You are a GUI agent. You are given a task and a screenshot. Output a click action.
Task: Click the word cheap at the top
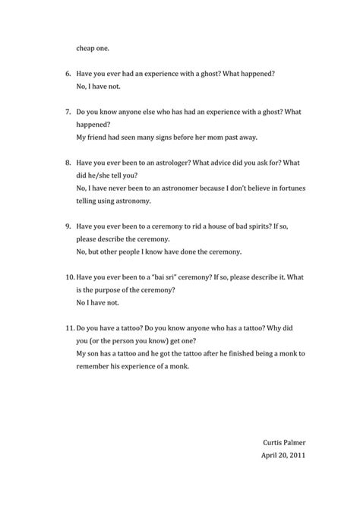(85, 48)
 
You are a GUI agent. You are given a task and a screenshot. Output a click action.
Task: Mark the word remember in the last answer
(94, 367)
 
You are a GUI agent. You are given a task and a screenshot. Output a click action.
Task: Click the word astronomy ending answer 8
(132, 201)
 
